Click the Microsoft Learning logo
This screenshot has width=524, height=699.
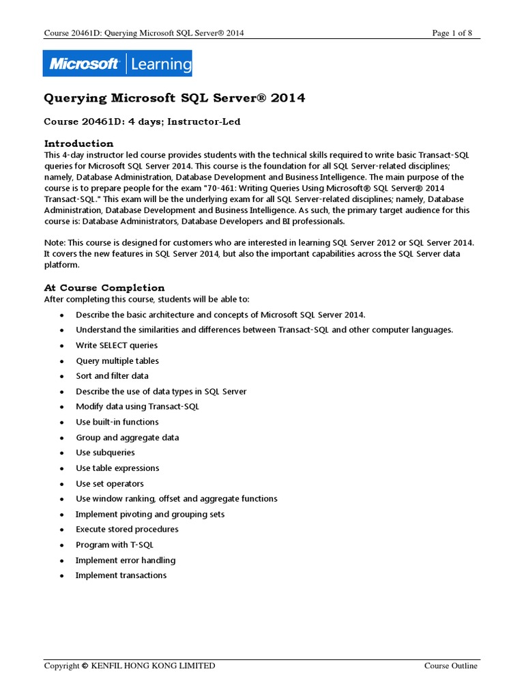coord(117,64)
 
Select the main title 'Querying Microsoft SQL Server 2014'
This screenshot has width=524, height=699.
coord(175,98)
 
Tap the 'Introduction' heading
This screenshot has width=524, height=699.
coord(78,143)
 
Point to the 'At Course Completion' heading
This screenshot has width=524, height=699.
coord(104,287)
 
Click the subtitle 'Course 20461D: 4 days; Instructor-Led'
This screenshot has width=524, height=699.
coord(143,122)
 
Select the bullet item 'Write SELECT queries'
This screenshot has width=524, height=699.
coord(117,345)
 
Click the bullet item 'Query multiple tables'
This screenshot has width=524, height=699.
coord(117,360)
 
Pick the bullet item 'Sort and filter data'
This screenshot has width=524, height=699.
coord(112,376)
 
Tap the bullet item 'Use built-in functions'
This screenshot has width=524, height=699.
coord(117,422)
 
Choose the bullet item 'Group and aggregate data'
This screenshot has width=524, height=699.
coord(127,438)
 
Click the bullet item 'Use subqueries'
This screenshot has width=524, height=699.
coord(105,453)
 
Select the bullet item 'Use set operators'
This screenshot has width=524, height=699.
coord(110,483)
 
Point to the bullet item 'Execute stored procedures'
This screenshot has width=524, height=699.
coord(127,529)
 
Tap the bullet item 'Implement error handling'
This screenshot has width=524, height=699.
coord(126,560)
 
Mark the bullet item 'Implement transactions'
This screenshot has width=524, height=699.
coord(121,575)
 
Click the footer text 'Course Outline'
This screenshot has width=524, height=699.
coord(451,666)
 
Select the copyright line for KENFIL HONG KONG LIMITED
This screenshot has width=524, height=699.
coord(130,666)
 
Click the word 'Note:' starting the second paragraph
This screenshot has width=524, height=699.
coord(55,243)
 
